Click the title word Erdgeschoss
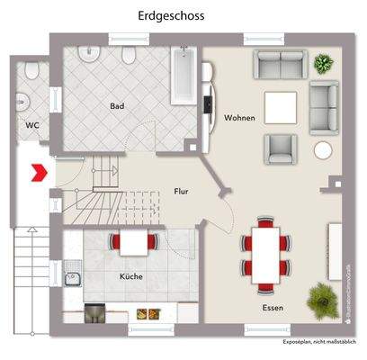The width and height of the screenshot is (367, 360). (170, 15)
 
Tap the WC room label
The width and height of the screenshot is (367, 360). (31, 125)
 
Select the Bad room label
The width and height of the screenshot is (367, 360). (117, 106)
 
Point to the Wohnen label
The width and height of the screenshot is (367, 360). (239, 118)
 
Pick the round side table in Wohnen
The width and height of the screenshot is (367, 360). (321, 149)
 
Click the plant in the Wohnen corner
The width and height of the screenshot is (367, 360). (322, 64)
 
